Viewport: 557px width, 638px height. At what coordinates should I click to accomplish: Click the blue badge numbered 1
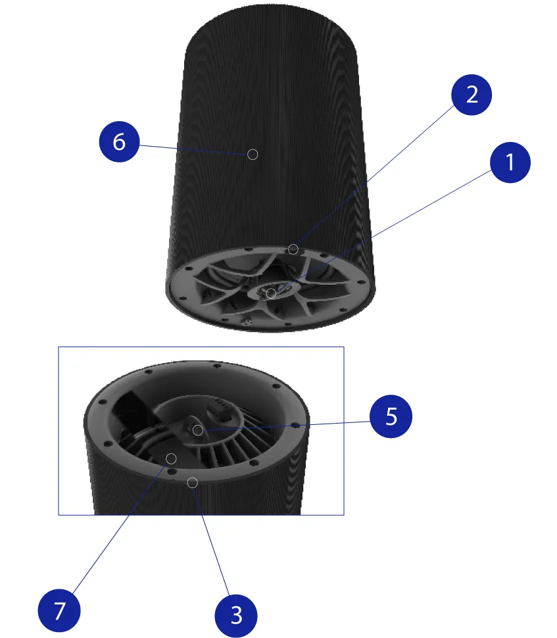(x=510, y=162)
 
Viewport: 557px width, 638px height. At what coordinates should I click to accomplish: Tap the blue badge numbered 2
(x=472, y=95)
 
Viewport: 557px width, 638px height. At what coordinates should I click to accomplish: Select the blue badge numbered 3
(x=236, y=615)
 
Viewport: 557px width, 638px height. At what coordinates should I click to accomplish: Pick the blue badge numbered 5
(x=391, y=416)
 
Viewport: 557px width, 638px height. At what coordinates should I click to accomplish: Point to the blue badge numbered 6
(x=119, y=141)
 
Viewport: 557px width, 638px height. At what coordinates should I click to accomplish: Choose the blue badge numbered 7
(x=59, y=610)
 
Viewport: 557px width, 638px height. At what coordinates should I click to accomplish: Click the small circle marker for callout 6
(x=253, y=155)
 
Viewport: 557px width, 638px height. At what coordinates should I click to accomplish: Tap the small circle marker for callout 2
(x=293, y=249)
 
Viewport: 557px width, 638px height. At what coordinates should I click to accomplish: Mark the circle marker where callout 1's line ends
(x=271, y=293)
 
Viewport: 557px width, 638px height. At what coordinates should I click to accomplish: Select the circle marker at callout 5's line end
(x=198, y=430)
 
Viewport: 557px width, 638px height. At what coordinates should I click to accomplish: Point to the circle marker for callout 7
(x=171, y=459)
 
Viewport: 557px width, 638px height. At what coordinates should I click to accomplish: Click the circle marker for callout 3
(x=193, y=483)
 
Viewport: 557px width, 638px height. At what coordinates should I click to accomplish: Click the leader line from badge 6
(x=193, y=150)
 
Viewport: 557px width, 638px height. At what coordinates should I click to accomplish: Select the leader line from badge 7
(x=120, y=528)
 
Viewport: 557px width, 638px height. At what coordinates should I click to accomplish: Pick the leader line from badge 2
(x=375, y=175)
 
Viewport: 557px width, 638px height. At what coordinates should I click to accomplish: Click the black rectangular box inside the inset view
(x=132, y=410)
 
